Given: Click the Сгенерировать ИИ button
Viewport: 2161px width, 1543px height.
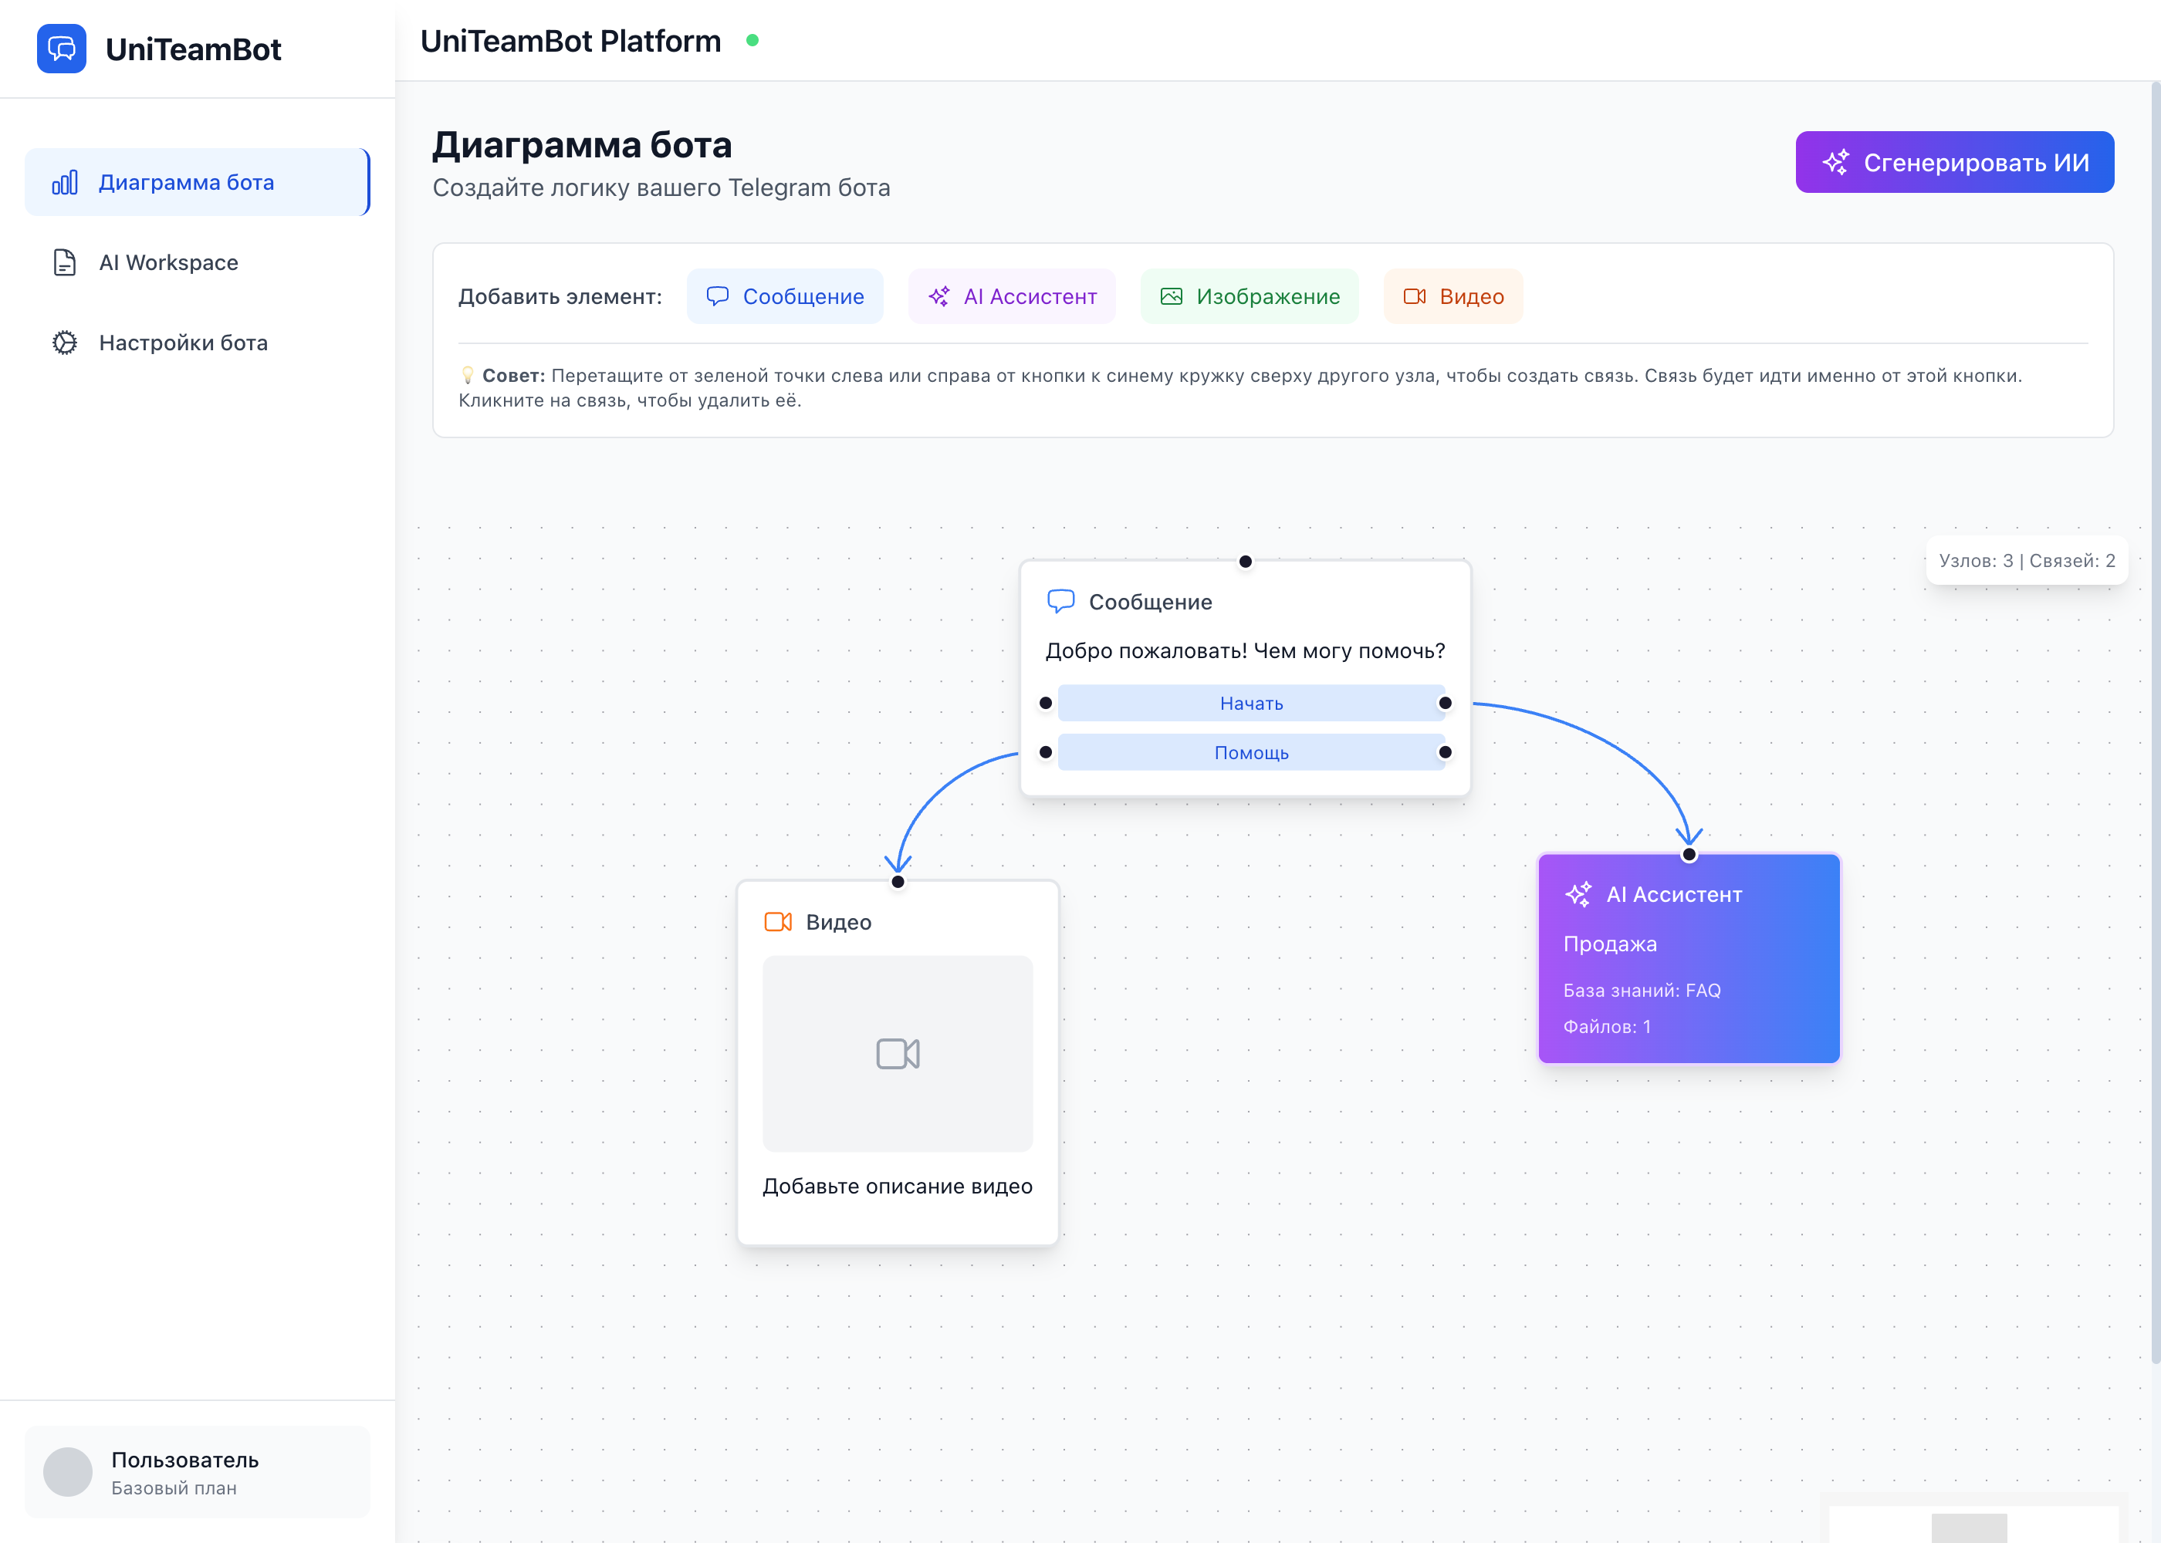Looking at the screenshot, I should click(1954, 163).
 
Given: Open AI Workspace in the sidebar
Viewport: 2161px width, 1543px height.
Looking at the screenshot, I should click(168, 262).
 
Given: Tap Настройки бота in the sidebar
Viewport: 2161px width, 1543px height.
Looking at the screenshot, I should click(182, 343).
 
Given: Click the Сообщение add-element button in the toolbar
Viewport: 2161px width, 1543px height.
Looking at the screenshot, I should click(784, 296).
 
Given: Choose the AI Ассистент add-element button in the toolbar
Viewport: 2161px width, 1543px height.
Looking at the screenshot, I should click(1011, 296).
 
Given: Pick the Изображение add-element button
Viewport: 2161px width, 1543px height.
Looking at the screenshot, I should click(1249, 296).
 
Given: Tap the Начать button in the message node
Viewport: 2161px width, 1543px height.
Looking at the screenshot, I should click(1250, 703).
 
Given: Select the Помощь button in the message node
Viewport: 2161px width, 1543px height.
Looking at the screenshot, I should click(1250, 752).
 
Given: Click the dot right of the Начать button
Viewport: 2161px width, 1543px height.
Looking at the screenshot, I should click(1445, 703).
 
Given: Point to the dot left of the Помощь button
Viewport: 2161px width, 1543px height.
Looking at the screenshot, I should click(1045, 752).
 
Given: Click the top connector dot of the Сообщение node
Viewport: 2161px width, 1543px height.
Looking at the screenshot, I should click(1245, 562).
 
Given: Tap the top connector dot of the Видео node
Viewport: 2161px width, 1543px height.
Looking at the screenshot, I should click(897, 882).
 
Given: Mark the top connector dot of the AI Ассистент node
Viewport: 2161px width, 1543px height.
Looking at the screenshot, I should click(1689, 854).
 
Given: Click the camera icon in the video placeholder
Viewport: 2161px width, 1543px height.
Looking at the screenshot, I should click(897, 1054).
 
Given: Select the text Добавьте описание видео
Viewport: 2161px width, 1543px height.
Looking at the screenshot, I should click(897, 1186).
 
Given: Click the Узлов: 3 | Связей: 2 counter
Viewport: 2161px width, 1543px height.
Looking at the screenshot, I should click(2026, 561).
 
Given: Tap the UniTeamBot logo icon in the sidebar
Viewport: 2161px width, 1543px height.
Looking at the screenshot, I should click(62, 49).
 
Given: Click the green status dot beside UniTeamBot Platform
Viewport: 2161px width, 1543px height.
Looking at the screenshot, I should click(752, 41).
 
